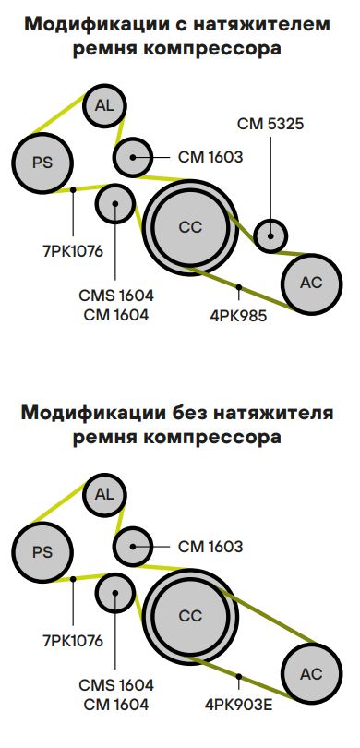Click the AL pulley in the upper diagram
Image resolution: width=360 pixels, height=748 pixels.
[x=104, y=106]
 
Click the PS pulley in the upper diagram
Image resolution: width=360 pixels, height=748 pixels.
[x=42, y=163]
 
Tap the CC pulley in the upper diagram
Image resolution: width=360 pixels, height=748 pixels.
[x=189, y=226]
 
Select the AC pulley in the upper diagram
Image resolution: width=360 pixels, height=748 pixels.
[x=311, y=282]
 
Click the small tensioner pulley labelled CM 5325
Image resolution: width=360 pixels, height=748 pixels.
[x=270, y=235]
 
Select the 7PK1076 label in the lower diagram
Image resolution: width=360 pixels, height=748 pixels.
[x=72, y=639]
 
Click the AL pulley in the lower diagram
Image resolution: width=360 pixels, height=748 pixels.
[x=104, y=495]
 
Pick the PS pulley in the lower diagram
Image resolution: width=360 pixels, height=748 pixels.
[x=42, y=552]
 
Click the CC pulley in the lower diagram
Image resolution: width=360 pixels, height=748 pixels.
[x=189, y=615]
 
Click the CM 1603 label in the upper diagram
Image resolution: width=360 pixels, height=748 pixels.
[x=210, y=157]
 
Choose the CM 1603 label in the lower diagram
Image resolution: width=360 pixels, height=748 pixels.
[x=210, y=547]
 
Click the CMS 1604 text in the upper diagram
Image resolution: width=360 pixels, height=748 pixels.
[x=116, y=296]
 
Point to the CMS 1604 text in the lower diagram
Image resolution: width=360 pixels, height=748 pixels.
[x=116, y=685]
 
